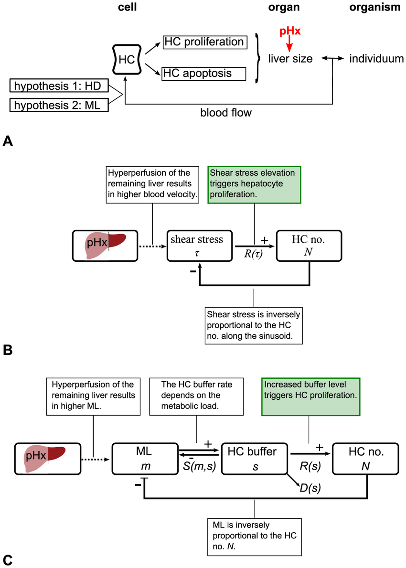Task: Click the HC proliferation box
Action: point(205,42)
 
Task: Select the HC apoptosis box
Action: point(203,74)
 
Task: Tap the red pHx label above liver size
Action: point(290,31)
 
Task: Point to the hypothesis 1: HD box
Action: point(59,86)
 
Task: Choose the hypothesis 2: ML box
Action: point(59,105)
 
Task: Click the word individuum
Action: point(376,59)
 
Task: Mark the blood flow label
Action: point(225,113)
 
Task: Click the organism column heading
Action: point(374,7)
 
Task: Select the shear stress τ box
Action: point(200,246)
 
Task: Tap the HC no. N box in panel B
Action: point(309,246)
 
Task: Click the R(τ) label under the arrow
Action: point(253,254)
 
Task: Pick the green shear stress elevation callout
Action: point(254,185)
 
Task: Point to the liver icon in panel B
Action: point(106,246)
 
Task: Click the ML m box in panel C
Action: point(145,459)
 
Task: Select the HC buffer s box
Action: point(255,459)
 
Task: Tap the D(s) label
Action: point(310,488)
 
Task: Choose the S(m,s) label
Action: point(199,466)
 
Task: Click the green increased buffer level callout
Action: point(311,397)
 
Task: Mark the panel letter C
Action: point(7,560)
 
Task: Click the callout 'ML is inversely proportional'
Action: point(255,537)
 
